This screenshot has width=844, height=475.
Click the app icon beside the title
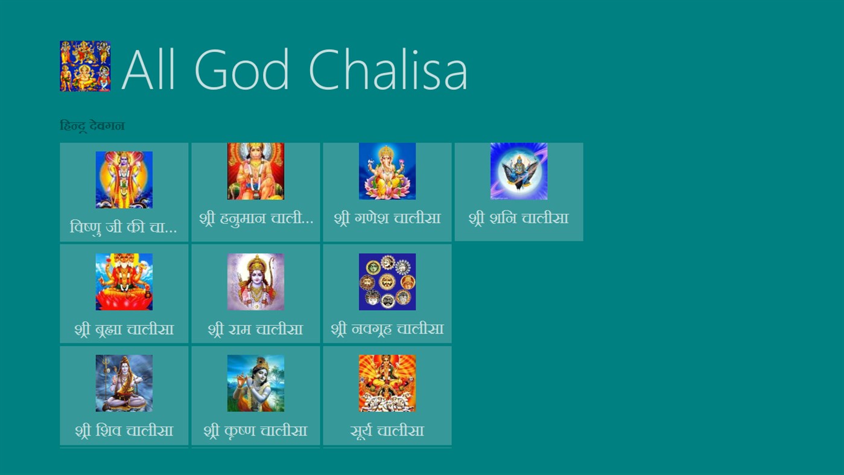point(85,66)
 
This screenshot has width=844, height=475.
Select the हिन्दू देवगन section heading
point(92,126)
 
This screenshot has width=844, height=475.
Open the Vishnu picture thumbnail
point(124,180)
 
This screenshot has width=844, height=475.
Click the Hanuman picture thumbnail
point(256,171)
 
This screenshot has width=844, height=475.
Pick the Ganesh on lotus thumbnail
point(387,171)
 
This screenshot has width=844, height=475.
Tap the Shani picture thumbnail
point(519,171)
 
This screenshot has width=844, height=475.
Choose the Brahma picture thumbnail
point(124,282)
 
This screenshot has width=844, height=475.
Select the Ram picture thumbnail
point(256,282)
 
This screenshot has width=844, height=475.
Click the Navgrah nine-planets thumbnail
point(387,282)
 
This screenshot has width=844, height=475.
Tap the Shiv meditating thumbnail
point(124,383)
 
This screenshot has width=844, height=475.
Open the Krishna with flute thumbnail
point(256,383)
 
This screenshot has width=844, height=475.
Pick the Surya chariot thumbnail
point(387,383)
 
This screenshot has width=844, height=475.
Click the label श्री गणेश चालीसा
point(387,218)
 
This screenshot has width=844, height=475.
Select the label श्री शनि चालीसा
point(519,218)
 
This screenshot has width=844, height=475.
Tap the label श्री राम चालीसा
point(256,330)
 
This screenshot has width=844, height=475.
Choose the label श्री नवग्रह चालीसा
point(387,330)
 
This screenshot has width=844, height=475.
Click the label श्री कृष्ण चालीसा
point(256,431)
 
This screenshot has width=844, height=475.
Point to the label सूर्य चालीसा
point(387,431)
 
